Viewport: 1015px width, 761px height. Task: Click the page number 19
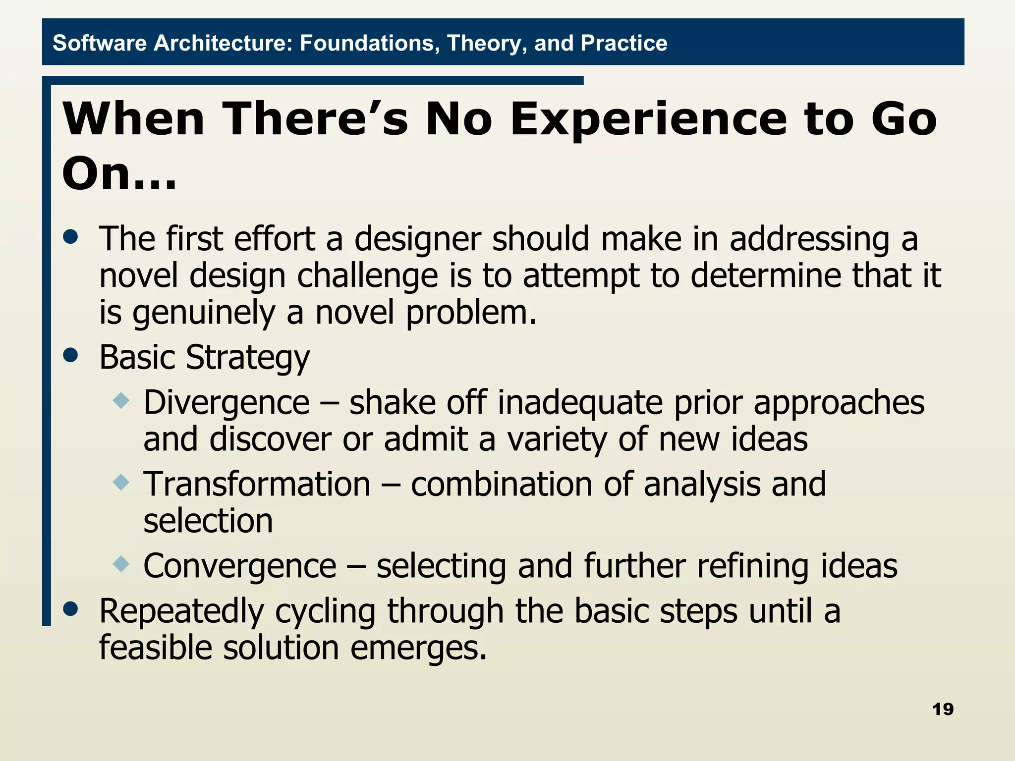click(942, 709)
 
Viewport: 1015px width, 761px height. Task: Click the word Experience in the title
click(649, 119)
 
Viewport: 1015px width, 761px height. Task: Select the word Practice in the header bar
click(624, 43)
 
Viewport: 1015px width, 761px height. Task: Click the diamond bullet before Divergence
click(121, 400)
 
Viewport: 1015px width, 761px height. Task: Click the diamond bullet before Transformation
click(121, 482)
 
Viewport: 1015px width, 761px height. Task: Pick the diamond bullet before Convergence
click(121, 563)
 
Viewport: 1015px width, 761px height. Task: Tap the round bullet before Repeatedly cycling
click(71, 608)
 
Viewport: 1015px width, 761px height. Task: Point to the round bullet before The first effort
click(71, 236)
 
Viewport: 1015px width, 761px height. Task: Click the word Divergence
click(226, 402)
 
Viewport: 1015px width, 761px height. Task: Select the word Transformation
click(257, 484)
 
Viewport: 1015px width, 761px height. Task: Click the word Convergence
click(240, 566)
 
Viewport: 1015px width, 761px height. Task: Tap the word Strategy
click(247, 358)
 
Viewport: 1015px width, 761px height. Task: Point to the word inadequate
click(580, 402)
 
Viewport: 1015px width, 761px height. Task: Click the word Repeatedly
click(181, 611)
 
